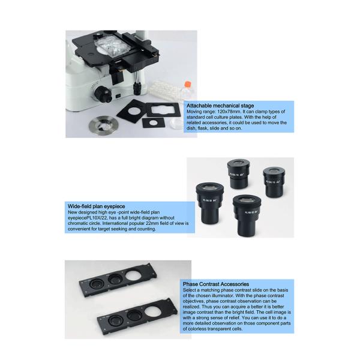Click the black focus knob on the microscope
[103, 94]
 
